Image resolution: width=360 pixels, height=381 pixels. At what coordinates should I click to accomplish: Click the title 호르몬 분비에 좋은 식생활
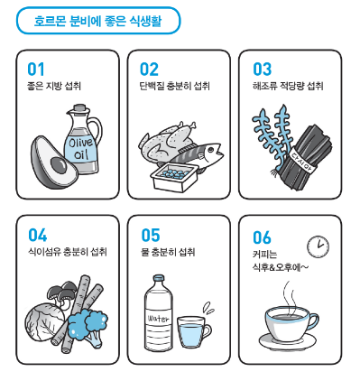[97, 21]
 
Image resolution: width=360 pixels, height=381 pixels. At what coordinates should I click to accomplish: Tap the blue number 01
[36, 69]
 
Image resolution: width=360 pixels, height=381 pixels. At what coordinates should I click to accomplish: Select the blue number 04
[38, 235]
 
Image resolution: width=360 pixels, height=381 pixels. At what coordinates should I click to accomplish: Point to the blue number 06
[262, 237]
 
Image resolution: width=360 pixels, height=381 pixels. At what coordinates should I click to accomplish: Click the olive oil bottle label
[80, 149]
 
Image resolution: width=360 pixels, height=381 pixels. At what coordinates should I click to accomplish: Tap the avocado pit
[59, 165]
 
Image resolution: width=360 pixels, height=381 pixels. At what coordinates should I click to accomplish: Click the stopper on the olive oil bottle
[80, 108]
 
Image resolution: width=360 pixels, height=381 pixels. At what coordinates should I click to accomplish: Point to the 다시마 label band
[303, 161]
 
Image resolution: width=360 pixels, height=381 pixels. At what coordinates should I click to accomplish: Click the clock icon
[318, 246]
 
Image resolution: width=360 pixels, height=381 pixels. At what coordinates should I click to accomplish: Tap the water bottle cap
[159, 278]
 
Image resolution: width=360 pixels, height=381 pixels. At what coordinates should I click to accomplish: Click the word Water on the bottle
[158, 319]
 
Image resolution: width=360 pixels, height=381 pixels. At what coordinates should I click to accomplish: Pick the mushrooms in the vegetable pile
[62, 293]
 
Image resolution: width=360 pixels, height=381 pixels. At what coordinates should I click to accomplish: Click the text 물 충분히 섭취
[168, 252]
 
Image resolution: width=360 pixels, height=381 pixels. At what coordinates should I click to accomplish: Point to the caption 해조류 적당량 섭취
[288, 86]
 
